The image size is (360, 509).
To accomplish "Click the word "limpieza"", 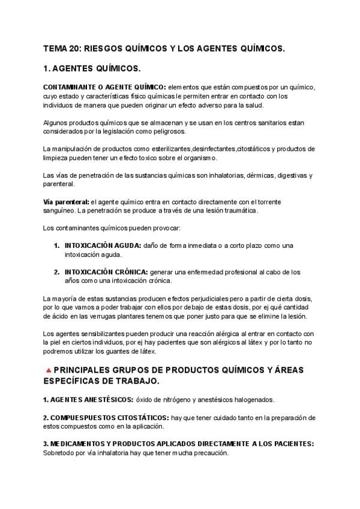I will [57, 158].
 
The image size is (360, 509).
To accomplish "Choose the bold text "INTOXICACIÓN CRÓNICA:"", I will [106, 272].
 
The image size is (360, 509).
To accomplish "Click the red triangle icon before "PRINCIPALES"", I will [48, 370].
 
